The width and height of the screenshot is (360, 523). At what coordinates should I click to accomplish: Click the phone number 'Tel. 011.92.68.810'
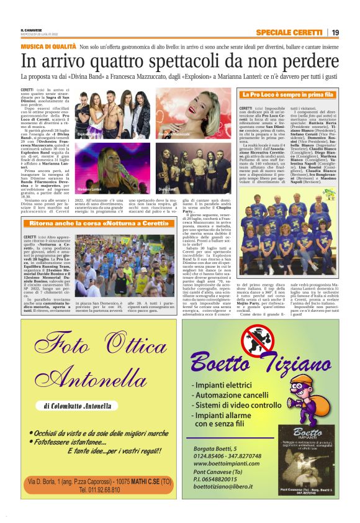[100, 489]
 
